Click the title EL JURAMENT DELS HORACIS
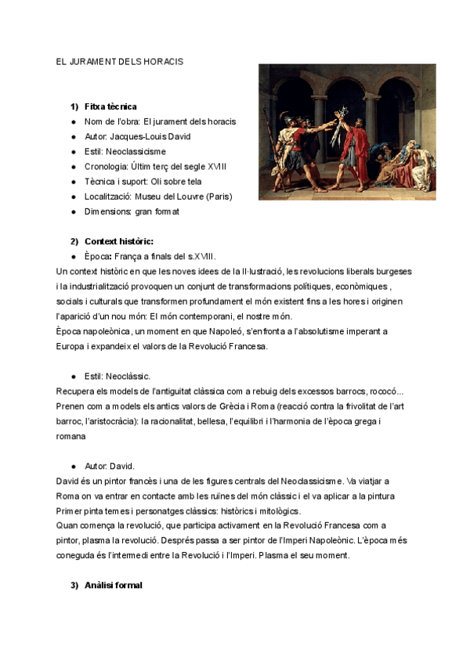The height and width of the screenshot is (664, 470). pyautogui.click(x=120, y=61)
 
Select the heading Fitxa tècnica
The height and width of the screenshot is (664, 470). pyautogui.click(x=111, y=106)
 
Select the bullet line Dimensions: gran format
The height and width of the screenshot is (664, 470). pyautogui.click(x=132, y=211)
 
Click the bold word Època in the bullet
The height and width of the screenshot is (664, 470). pyautogui.click(x=97, y=256)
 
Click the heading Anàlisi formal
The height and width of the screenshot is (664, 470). pyautogui.click(x=114, y=586)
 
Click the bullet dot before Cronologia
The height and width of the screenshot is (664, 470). pyautogui.click(x=73, y=167)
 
